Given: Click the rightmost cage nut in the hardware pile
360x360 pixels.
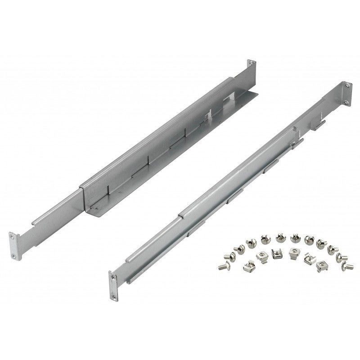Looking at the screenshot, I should [x=322, y=264].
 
